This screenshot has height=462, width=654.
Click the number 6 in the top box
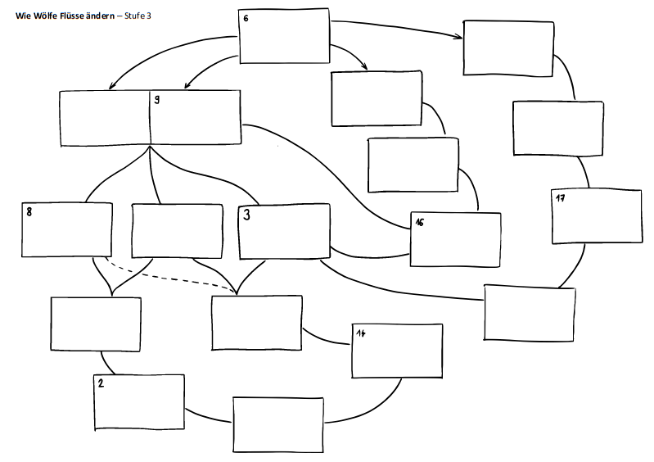246,17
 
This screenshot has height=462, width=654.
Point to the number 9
156,100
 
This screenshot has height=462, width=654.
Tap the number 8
29,211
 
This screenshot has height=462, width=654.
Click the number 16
419,222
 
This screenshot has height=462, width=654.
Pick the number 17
561,198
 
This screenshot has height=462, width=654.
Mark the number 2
100,383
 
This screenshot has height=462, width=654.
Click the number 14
360,333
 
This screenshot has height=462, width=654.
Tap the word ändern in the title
100,15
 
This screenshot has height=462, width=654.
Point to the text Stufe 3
138,15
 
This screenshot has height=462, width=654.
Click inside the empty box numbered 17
597,218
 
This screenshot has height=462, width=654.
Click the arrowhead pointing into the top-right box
459,35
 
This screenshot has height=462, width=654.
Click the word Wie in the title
22,15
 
